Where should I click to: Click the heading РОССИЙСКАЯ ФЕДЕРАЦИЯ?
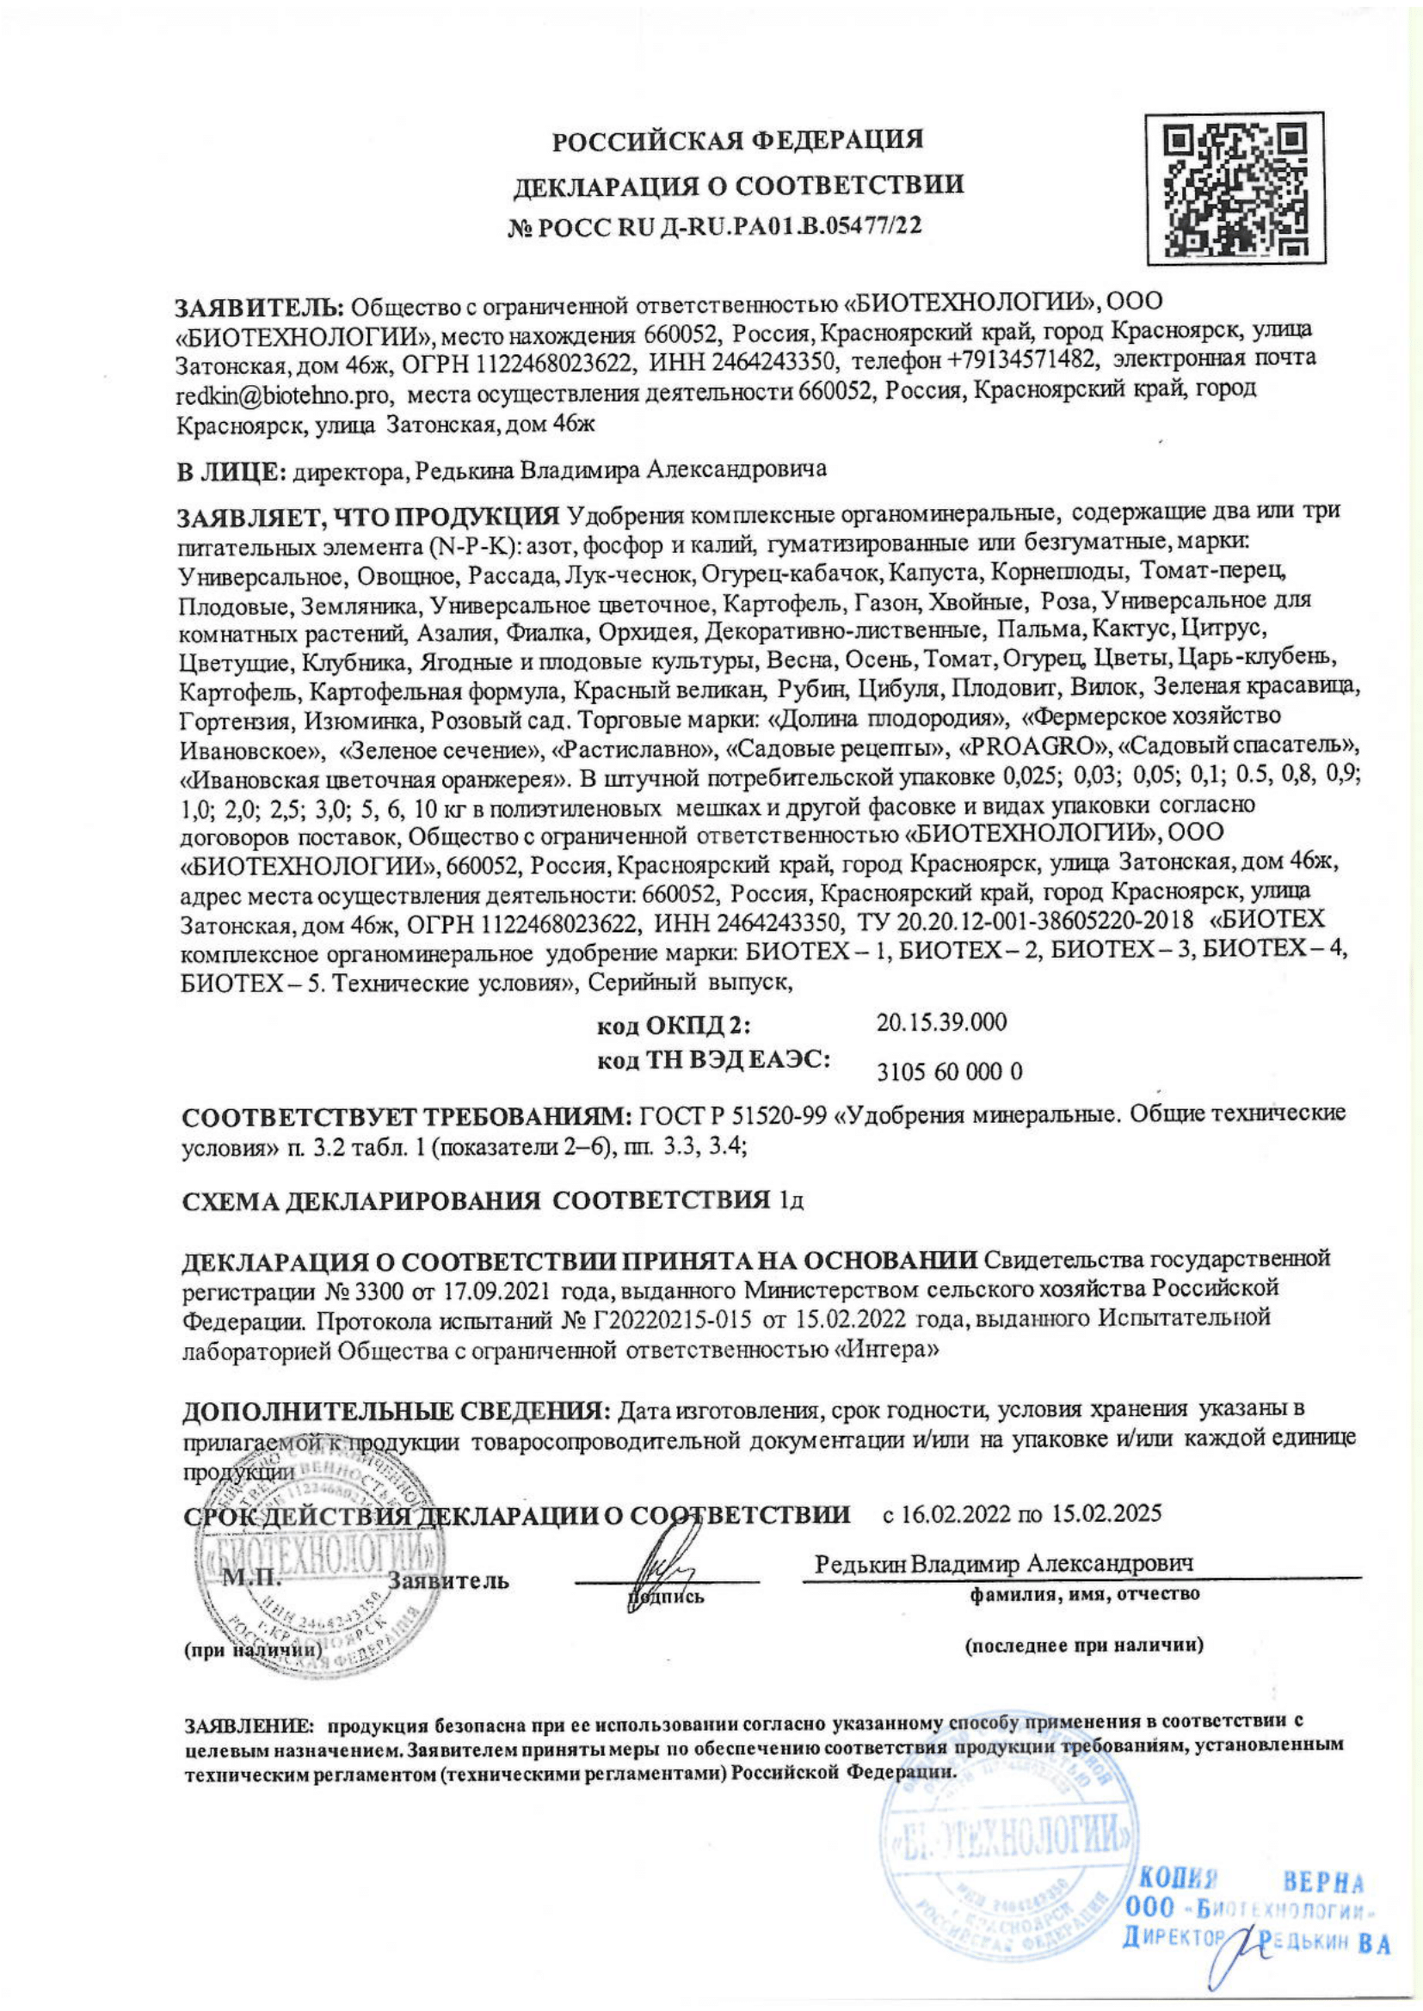point(738,141)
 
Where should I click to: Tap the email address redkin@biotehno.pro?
point(282,395)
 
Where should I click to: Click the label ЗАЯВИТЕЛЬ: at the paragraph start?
point(262,307)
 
